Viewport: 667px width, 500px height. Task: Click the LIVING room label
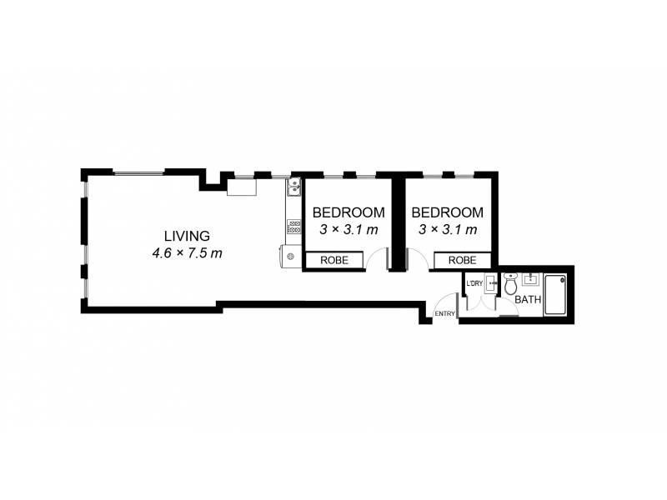187,236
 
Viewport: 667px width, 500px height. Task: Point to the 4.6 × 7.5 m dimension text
187,252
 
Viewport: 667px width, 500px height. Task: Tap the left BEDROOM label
349,212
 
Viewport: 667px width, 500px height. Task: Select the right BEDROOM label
448,212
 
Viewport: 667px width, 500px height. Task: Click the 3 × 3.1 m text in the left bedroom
349,229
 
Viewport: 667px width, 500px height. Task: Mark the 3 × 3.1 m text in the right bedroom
448,229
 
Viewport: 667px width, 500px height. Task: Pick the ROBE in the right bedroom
463,261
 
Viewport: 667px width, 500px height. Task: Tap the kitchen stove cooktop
293,225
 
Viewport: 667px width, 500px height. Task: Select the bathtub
554,294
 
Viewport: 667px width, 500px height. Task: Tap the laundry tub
490,282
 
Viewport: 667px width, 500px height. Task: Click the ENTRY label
444,313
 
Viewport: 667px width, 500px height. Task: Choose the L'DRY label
474,284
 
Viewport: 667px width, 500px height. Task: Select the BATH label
527,299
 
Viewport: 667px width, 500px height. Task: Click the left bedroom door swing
379,259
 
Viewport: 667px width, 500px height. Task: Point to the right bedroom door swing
419,259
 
